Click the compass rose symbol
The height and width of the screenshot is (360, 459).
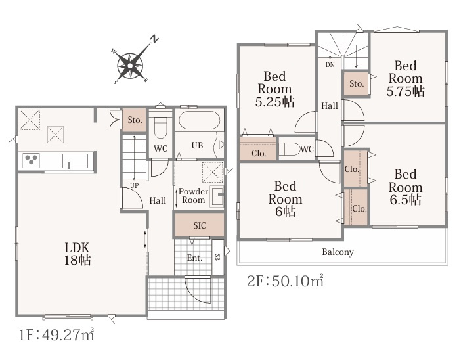pos(131,65)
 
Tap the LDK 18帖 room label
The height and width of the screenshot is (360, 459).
pos(77,254)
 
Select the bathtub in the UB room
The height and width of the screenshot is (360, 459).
pos(200,120)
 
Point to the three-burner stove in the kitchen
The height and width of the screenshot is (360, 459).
pos(31,160)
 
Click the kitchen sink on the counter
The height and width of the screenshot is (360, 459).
pos(76,161)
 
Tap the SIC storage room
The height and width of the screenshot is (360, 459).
pos(200,225)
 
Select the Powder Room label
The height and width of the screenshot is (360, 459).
pos(193,196)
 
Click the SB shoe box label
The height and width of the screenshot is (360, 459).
pos(217,258)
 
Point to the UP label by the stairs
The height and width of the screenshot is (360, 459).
pos(134,185)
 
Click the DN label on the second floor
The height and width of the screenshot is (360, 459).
pos(330,65)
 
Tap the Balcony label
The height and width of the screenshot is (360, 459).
pos(338,252)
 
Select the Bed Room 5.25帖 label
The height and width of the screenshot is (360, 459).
pos(274,89)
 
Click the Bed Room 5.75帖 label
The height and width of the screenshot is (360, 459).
pos(405,78)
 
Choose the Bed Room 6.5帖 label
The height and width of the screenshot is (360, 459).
pos(405,187)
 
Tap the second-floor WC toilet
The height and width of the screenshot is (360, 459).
pos(290,149)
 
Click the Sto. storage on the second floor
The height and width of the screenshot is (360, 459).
pos(357,84)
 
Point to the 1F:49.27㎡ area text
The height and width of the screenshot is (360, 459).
pos(56,335)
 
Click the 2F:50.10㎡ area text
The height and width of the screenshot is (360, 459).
pos(286,281)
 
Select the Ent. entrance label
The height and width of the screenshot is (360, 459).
pos(194,258)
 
